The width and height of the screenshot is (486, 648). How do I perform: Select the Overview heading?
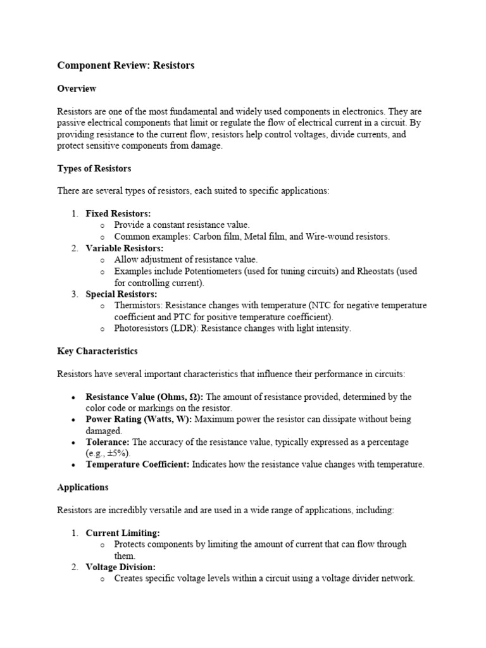(77, 89)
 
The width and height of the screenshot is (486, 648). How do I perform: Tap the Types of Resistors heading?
(94, 168)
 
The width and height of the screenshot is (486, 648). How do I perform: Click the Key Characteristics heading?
(97, 351)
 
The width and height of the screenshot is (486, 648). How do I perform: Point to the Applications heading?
(83, 487)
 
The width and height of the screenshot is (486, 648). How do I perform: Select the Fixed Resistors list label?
(118, 214)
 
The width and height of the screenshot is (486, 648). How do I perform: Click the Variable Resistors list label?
(125, 248)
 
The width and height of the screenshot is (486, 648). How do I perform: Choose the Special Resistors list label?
(121, 294)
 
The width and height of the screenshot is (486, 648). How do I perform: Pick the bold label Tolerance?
(108, 442)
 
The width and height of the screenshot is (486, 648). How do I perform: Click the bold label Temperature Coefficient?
(137, 464)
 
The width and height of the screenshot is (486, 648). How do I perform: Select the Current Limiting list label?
(123, 533)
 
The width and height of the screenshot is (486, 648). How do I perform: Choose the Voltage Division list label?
(120, 567)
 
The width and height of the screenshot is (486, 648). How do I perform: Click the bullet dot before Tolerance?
(74, 442)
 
